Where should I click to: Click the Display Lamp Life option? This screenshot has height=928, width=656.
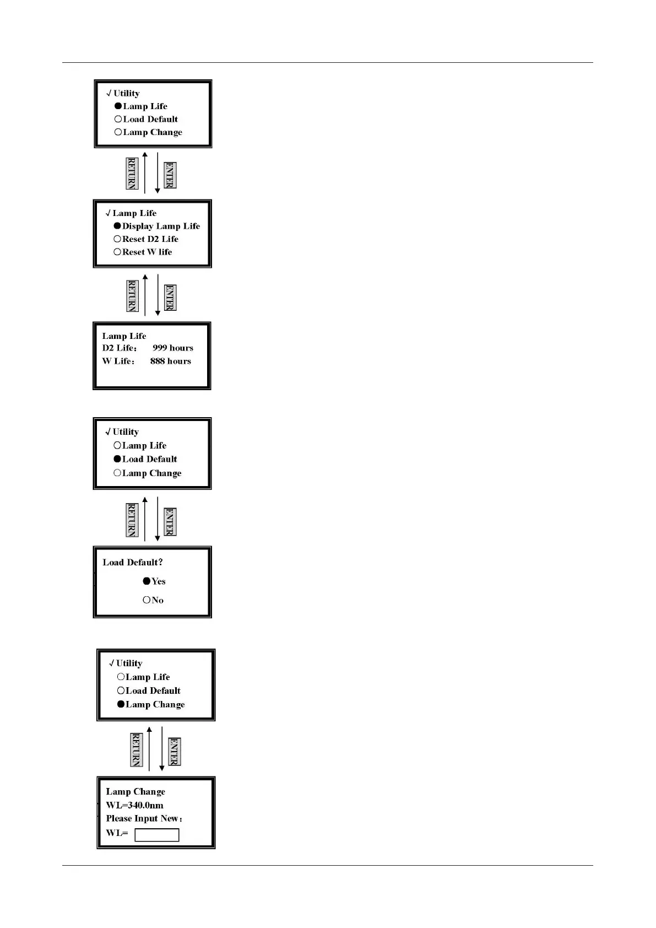pos(161,226)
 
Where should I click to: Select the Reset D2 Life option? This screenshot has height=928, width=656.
pos(150,239)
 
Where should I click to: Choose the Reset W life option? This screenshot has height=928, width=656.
pos(147,252)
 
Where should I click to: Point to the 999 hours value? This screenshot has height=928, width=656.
pos(173,348)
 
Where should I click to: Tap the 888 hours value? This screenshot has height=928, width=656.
pos(171,362)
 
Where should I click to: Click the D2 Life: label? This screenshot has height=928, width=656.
pos(120,348)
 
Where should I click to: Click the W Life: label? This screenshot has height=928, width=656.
pos(118,362)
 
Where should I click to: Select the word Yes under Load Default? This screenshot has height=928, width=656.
pos(159,581)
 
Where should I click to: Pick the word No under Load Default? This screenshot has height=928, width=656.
pos(158,600)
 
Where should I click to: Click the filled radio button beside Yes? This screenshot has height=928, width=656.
pos(147,581)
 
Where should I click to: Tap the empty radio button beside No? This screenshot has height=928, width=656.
pos(147,600)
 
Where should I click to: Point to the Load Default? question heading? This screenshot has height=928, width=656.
pos(133,563)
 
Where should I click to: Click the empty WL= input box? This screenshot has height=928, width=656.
pos(157,835)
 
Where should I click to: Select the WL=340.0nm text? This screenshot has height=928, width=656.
pos(134,805)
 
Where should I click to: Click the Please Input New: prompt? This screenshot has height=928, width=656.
pos(144,819)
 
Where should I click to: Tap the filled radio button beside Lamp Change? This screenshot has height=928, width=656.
pos(121,704)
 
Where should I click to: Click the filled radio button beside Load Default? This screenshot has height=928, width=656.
pos(117,459)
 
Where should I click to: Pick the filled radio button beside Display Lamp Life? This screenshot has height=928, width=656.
pos(117,226)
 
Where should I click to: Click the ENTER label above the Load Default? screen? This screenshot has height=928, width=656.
pos(170,522)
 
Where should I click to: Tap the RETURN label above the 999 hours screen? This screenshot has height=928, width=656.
pos(132,296)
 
